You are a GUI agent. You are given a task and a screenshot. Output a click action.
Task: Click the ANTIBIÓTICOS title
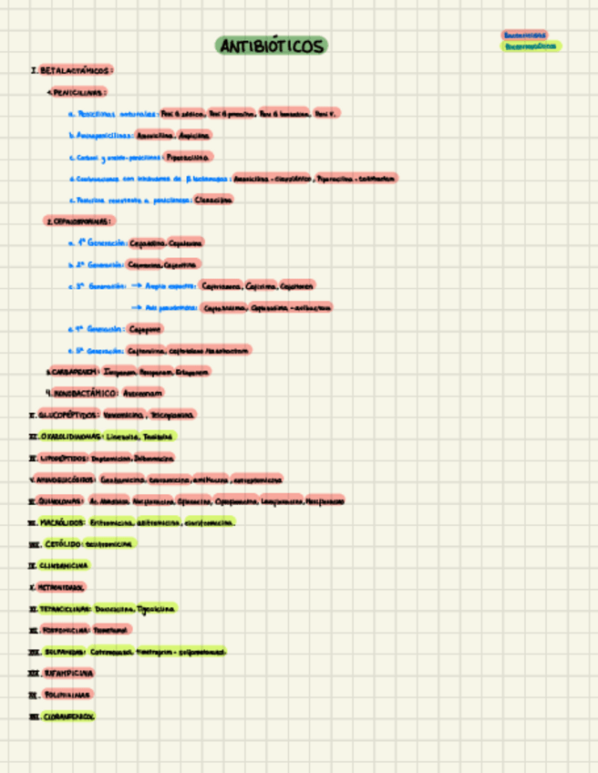coord(272,46)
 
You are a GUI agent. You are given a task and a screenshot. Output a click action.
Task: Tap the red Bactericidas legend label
coord(525,35)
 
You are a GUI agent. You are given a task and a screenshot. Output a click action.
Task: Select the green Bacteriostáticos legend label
coord(532,46)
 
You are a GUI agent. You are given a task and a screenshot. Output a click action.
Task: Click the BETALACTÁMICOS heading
coord(77,70)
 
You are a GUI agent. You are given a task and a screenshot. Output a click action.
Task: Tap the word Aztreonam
coord(143,393)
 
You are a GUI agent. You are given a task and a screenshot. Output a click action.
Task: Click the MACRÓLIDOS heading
coord(63,522)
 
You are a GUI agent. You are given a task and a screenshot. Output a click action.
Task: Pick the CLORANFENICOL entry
coord(68,716)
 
